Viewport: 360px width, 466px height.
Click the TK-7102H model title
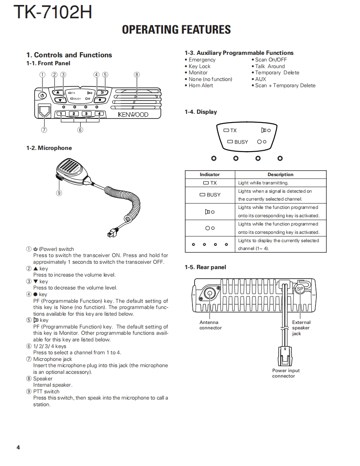tap(52, 12)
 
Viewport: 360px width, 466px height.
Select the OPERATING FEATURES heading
tap(176, 29)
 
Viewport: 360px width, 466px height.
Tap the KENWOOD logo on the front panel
tap(133, 115)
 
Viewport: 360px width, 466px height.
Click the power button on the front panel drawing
tap(42, 96)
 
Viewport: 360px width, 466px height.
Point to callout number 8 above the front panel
tap(137, 75)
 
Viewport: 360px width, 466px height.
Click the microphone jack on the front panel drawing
tap(44, 111)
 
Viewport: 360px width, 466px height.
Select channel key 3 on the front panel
tap(86, 114)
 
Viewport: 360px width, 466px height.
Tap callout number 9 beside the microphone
tap(59, 193)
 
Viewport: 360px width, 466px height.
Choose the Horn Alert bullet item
tap(201, 86)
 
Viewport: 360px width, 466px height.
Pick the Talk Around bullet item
tap(270, 66)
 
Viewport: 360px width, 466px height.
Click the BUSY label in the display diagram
tap(241, 142)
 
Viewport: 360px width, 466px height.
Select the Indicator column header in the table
tap(210, 174)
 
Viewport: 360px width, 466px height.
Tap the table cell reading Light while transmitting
tap(263, 183)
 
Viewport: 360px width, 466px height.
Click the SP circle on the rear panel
tap(300, 289)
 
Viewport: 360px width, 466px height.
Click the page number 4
tap(18, 447)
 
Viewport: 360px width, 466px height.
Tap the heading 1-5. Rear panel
tap(205, 267)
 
